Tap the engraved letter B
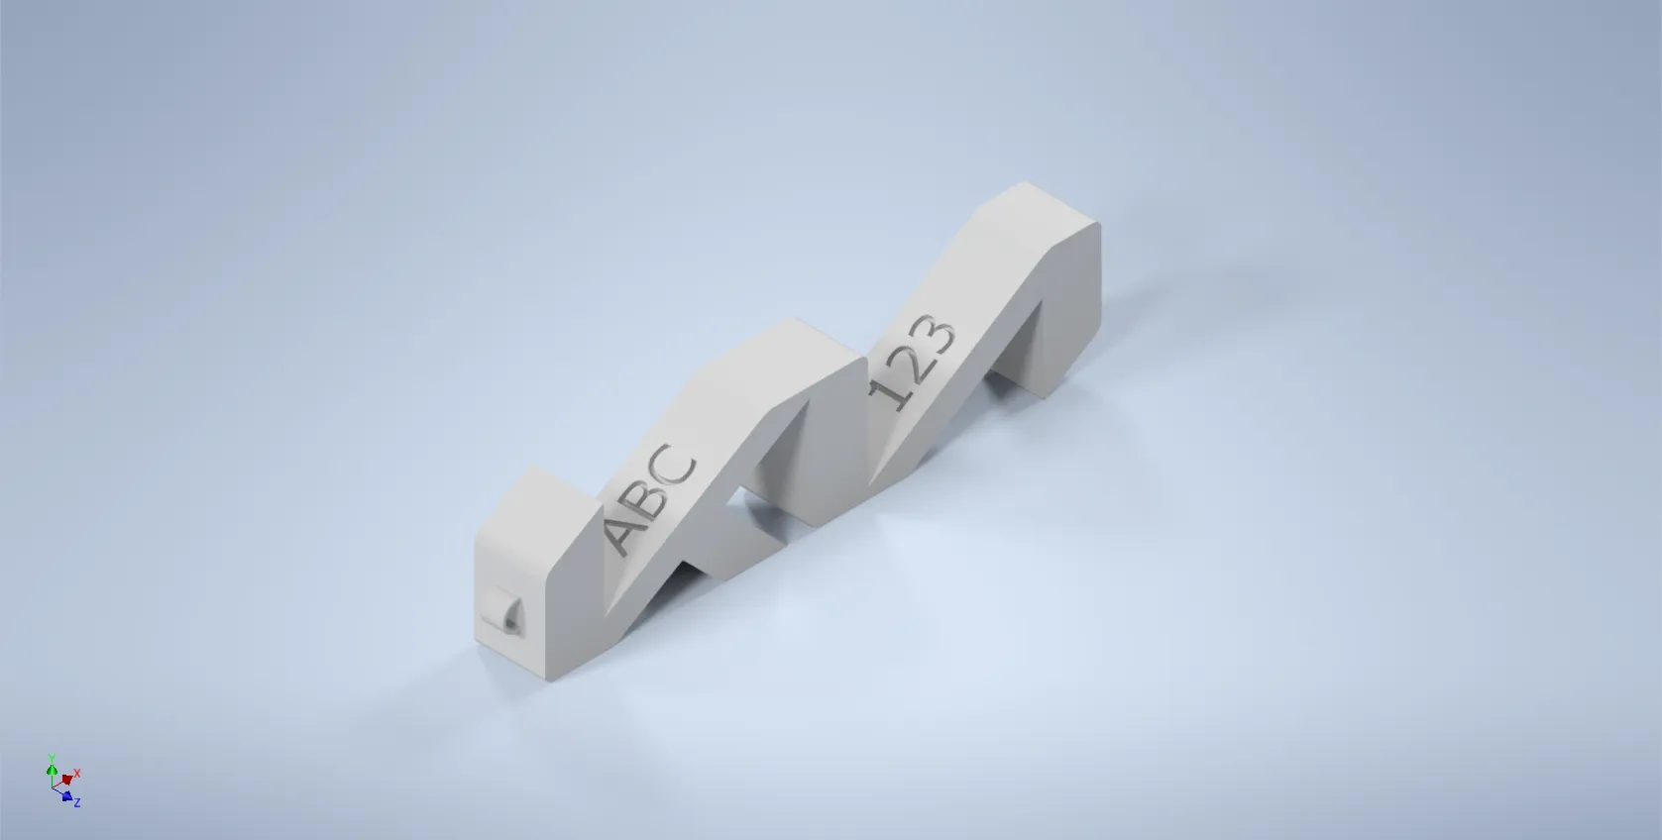[649, 495]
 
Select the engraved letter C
[677, 466]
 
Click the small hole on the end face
[509, 620]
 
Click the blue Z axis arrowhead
[66, 795]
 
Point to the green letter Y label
[52, 757]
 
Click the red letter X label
[77, 773]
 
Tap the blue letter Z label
[77, 802]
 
